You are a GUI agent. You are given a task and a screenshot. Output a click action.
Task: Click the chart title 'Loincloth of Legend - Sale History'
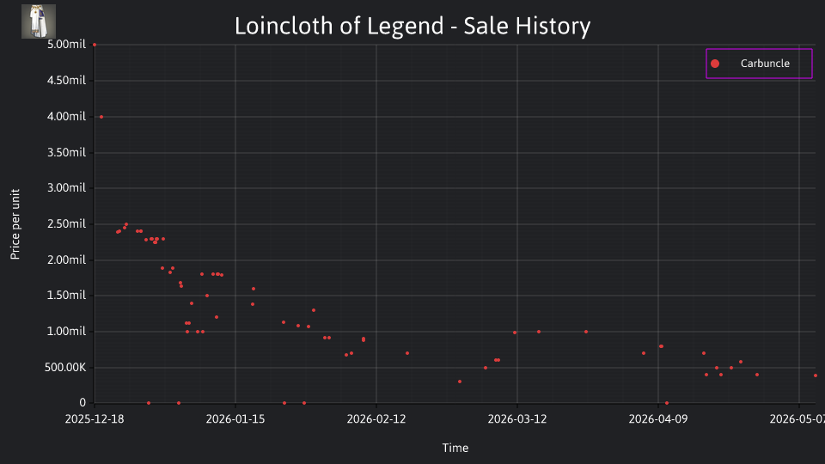click(x=412, y=26)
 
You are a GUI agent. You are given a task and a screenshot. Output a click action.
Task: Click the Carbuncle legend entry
click(x=759, y=63)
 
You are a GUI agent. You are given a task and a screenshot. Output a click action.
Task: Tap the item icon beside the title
click(x=39, y=21)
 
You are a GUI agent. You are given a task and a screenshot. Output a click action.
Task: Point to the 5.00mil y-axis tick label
click(x=66, y=44)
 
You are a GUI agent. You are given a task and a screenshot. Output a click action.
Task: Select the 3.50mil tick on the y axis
click(x=66, y=152)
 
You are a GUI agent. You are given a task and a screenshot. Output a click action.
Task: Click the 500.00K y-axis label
click(x=64, y=367)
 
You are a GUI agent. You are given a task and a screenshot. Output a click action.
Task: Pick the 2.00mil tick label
click(x=66, y=259)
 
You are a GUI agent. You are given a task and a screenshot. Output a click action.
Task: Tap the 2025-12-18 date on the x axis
click(x=95, y=418)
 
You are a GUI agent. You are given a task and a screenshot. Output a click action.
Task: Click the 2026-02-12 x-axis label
click(x=376, y=418)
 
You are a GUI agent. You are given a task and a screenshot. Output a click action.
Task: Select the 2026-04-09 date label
click(x=658, y=418)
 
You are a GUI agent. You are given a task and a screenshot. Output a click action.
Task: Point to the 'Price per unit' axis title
click(x=15, y=224)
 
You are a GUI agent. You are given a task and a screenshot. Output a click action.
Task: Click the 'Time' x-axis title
click(x=455, y=448)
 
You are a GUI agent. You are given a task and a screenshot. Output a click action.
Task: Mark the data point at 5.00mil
click(x=95, y=45)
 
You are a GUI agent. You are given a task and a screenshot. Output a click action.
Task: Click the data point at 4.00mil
click(x=101, y=117)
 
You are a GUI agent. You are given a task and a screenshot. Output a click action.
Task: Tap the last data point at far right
click(x=816, y=375)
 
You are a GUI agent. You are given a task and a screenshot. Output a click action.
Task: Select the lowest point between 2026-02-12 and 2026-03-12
click(x=460, y=382)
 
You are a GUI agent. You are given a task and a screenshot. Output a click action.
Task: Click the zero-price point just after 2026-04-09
click(x=667, y=403)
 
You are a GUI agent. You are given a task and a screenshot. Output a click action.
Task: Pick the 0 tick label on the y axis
click(x=82, y=402)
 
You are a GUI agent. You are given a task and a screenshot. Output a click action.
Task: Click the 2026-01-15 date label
click(x=235, y=418)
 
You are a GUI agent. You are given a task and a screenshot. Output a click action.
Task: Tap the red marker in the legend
click(x=715, y=64)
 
